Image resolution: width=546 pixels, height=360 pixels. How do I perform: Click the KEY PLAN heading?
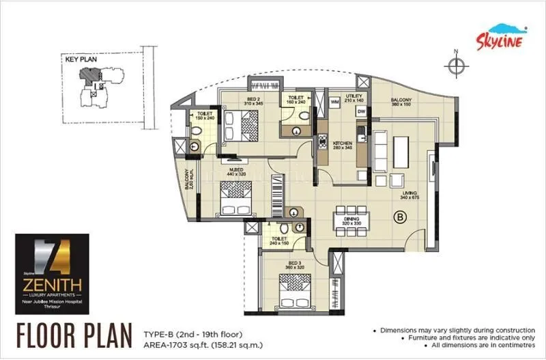(81, 60)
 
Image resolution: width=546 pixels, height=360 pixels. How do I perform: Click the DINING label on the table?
(352, 220)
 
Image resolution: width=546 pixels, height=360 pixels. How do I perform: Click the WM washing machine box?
(335, 102)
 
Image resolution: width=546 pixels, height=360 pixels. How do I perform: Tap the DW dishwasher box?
(362, 111)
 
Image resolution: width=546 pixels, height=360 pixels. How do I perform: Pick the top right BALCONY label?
(401, 102)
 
